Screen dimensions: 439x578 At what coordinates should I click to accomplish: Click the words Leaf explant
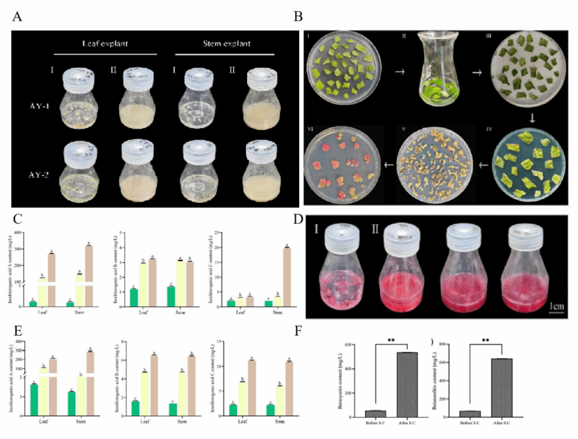pos(105,44)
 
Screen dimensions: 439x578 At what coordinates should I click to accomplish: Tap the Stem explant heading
pos(227,44)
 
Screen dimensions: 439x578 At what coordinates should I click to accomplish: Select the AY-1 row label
pos(39,106)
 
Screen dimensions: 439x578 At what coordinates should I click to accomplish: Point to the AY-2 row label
pos(39,175)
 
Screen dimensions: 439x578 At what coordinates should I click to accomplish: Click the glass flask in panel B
pos(438,69)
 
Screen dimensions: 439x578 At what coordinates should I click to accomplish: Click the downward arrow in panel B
pos(532,118)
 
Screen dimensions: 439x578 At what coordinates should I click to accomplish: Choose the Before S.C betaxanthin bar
pos(470,414)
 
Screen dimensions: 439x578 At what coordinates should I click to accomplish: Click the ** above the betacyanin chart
pos(391,340)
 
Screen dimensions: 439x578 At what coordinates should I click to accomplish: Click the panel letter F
pos(298,331)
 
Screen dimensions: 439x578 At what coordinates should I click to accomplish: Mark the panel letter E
pos(18,331)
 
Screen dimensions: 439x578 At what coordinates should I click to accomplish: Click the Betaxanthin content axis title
pos(434,381)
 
